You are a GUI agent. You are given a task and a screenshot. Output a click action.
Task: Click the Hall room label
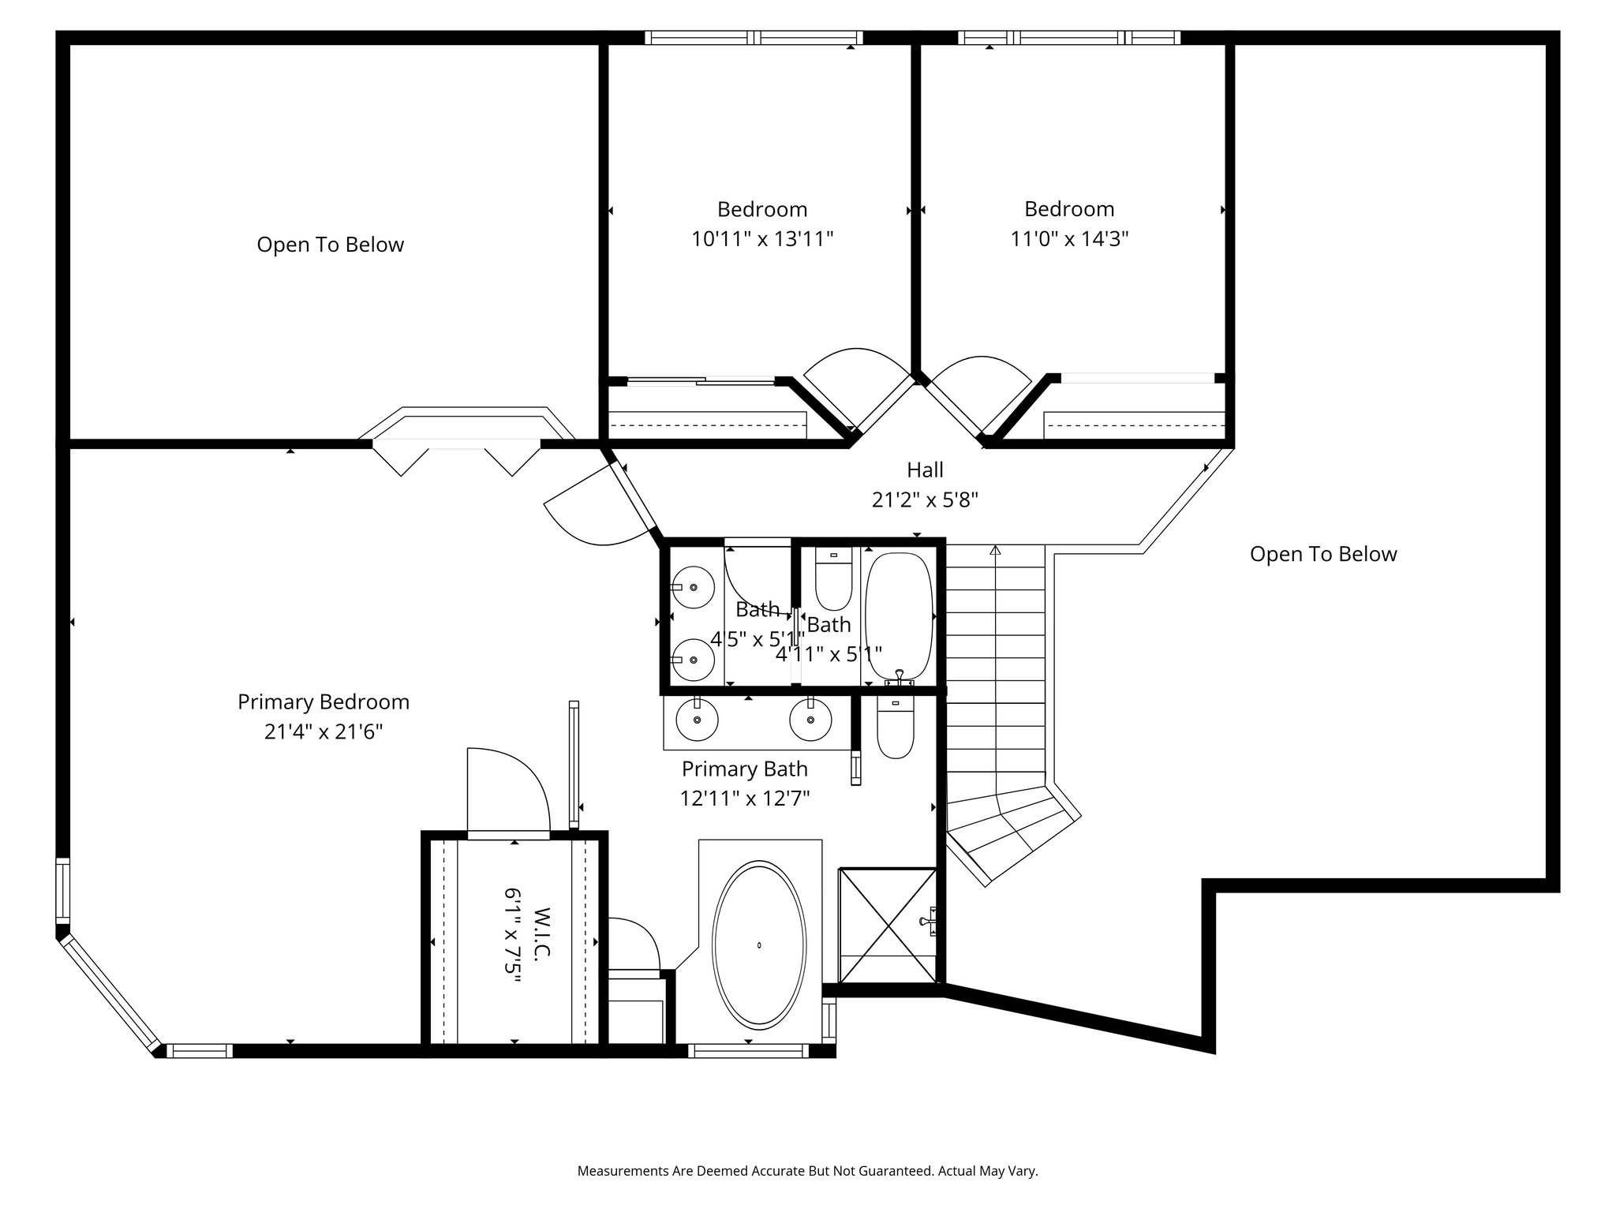925,470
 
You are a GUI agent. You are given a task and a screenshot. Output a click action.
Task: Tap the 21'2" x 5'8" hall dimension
925,499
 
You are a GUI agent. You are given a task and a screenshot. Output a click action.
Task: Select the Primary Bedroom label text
324,702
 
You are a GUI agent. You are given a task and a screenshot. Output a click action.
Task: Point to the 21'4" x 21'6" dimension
324,732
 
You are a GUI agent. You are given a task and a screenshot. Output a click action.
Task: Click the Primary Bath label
745,769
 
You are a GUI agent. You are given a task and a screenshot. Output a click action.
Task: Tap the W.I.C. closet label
541,933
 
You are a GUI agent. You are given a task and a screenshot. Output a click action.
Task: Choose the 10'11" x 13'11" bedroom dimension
762,238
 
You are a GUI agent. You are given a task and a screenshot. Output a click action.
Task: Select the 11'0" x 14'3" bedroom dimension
1069,238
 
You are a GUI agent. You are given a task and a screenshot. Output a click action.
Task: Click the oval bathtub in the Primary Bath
760,944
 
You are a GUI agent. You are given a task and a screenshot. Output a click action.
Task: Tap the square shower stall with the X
888,925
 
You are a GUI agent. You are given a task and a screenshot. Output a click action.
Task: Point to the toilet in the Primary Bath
895,728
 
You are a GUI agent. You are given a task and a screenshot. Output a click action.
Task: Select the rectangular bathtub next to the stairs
899,617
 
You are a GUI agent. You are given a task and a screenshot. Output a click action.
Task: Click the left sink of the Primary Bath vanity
698,719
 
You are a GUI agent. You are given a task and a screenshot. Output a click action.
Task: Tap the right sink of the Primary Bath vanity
810,719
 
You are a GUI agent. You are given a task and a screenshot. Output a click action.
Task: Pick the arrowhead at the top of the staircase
996,550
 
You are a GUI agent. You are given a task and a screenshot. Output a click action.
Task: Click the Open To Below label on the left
331,245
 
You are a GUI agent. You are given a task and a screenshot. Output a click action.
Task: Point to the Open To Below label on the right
1323,554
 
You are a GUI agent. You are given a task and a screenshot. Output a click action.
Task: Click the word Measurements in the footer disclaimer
623,1171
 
